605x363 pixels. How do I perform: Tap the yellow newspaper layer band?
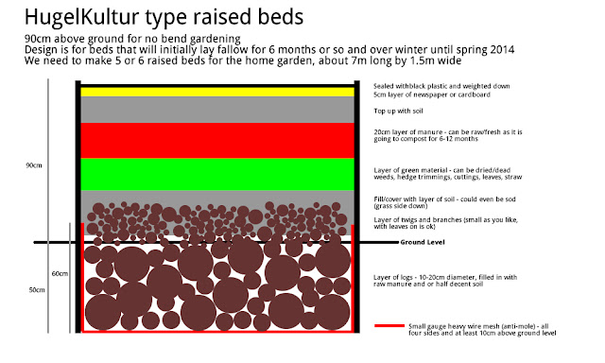coord(217,92)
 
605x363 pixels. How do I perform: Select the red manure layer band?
coord(217,141)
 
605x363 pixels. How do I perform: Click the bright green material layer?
coord(217,174)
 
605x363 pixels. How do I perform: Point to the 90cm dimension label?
coord(34,165)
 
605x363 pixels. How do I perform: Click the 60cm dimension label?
coord(60,273)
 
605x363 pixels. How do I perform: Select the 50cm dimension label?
coord(37,289)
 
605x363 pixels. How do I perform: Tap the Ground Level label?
coord(423,242)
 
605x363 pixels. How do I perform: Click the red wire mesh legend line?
coord(389,326)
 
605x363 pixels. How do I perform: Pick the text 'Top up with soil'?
coord(398,112)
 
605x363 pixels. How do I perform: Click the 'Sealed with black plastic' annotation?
coord(441,86)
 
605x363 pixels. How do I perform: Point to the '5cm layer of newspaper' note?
coord(432,95)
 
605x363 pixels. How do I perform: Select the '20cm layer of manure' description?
coord(447,135)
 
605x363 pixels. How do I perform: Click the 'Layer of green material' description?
coord(447,174)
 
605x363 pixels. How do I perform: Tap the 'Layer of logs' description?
coord(445,281)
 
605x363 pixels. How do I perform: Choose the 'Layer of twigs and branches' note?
coord(445,223)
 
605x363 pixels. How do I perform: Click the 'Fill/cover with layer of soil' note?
coord(444,202)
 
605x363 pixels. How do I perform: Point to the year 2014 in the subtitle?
coord(502,50)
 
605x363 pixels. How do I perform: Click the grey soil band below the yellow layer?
coord(217,110)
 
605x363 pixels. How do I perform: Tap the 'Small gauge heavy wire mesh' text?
coord(482,329)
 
